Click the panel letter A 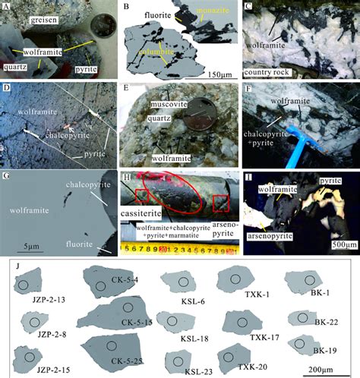[5, 8]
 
